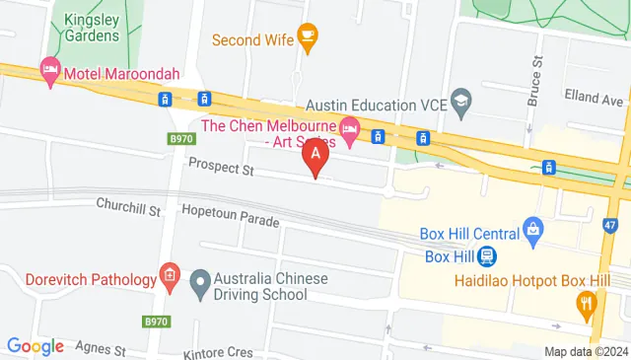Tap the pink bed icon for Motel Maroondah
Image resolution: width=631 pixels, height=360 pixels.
click(49, 70)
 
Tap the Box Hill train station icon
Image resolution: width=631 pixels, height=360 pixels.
click(486, 255)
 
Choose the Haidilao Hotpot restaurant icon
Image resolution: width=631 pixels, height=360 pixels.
click(588, 303)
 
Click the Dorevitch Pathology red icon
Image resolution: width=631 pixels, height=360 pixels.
click(169, 278)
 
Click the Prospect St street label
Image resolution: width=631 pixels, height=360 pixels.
click(221, 169)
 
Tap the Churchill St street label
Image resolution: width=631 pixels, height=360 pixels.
click(127, 203)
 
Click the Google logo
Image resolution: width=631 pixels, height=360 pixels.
click(35, 346)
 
